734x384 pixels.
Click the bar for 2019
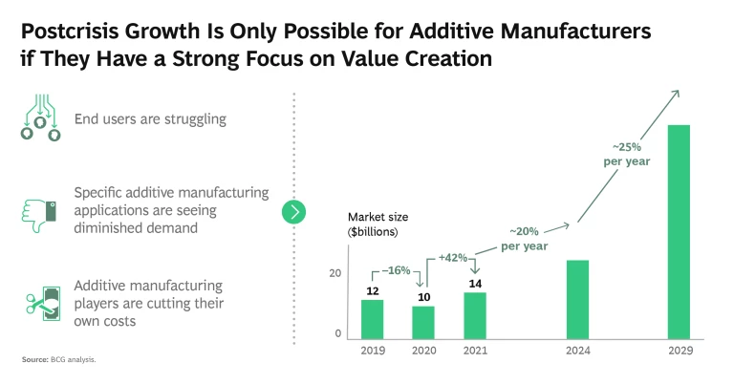[372, 319]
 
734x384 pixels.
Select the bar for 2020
[423, 322]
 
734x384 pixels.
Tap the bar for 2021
[475, 315]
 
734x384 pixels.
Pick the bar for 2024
[577, 299]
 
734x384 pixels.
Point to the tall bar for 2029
[680, 231]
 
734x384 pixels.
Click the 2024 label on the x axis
[577, 352]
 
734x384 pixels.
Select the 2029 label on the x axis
[680, 352]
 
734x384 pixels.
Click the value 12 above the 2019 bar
[372, 290]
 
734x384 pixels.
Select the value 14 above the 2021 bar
[475, 284]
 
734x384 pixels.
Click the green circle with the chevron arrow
[293, 211]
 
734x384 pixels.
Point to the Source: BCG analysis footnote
[58, 360]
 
